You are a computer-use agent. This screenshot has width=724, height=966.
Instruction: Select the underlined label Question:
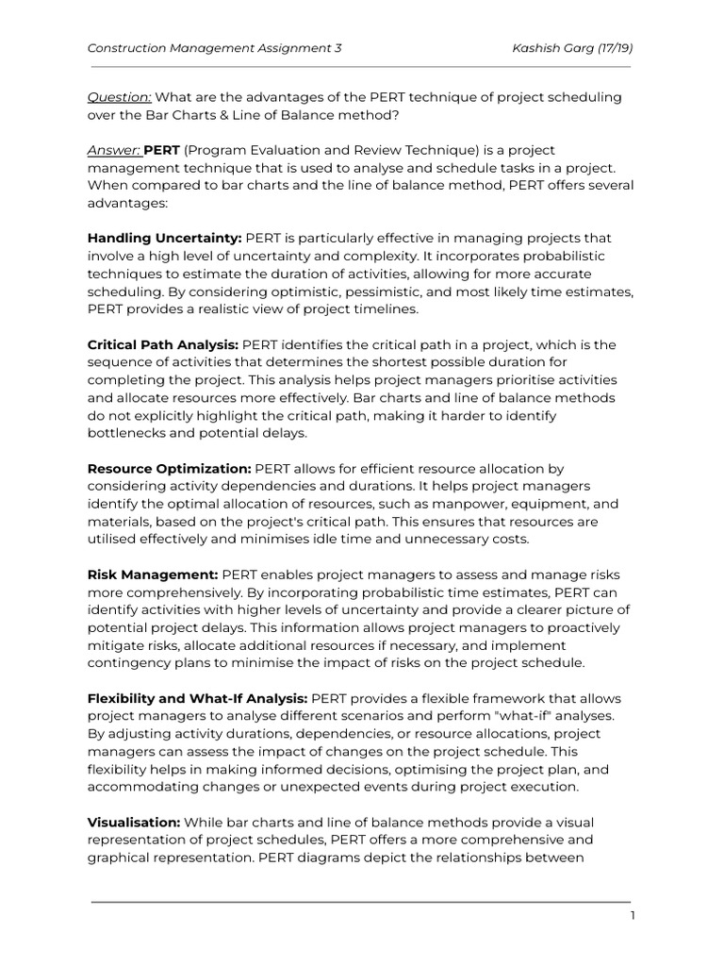pyautogui.click(x=119, y=98)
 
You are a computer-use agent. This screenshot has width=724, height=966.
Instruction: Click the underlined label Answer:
pyautogui.click(x=113, y=151)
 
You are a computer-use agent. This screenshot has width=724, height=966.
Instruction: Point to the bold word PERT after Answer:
pyautogui.click(x=162, y=151)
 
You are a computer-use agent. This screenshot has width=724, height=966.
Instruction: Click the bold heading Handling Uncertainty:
pyautogui.click(x=165, y=239)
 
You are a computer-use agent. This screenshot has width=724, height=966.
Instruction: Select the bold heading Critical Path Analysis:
pyautogui.click(x=162, y=345)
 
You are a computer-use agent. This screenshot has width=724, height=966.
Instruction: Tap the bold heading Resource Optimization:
pyautogui.click(x=169, y=469)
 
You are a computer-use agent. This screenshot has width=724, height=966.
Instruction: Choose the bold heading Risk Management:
pyautogui.click(x=153, y=575)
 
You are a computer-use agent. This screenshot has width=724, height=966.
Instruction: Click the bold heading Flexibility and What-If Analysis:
pyautogui.click(x=197, y=698)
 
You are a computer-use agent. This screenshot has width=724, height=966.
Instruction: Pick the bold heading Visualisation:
pyautogui.click(x=134, y=823)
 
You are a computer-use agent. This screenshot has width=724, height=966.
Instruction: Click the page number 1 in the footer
pyautogui.click(x=633, y=916)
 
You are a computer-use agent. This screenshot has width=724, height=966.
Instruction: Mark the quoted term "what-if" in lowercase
pyautogui.click(x=502, y=716)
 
